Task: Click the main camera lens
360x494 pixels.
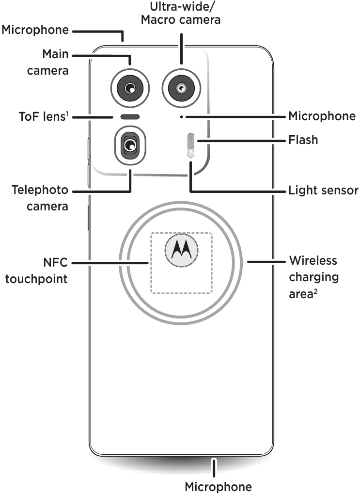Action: tap(130, 88)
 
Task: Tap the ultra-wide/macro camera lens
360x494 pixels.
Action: tap(181, 88)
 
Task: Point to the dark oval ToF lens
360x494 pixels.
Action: tap(130, 117)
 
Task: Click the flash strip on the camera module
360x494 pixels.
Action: tap(191, 145)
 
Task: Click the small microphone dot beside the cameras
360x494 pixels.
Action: tap(181, 117)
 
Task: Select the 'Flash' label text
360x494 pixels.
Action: tap(303, 140)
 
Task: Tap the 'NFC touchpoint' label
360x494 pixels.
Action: tap(36, 271)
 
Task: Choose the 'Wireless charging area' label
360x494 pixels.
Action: tap(313, 276)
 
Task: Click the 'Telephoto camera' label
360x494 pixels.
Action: tap(40, 198)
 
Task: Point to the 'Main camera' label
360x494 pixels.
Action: tap(47, 62)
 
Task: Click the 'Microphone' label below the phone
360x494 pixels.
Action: tap(219, 487)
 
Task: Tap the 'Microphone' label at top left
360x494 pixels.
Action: tap(35, 31)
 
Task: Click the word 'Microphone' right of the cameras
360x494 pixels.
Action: tap(322, 116)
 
